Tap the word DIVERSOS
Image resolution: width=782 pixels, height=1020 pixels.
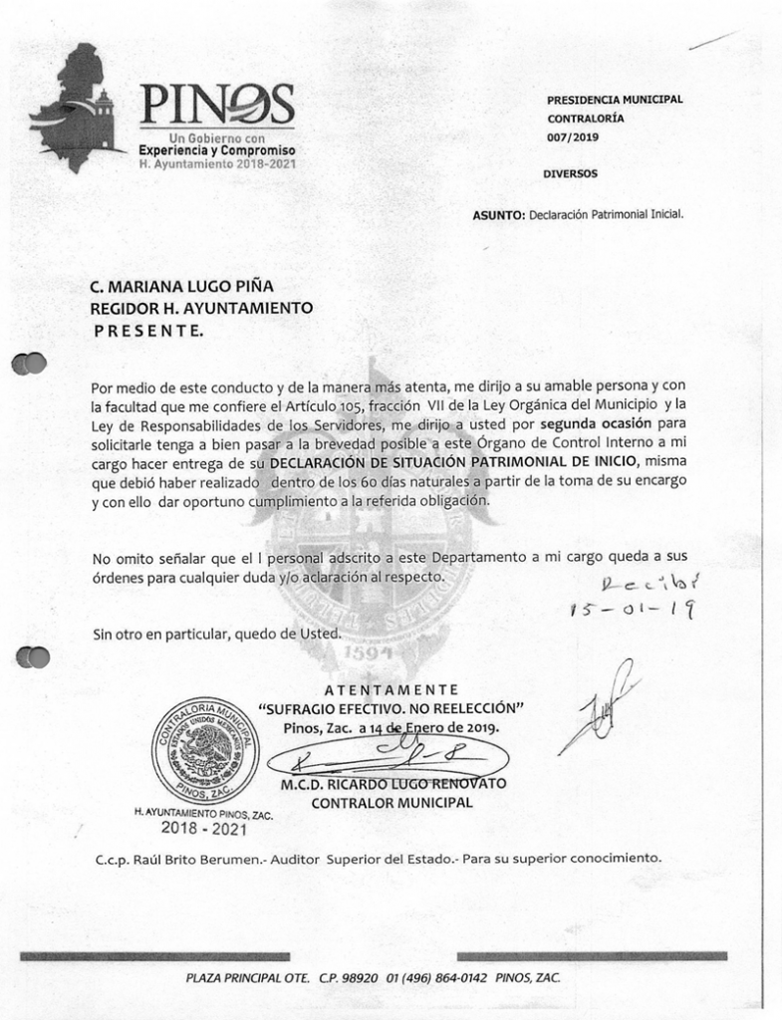point(571,173)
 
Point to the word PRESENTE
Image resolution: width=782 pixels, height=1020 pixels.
point(147,330)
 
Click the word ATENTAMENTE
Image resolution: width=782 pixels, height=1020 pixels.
point(391,689)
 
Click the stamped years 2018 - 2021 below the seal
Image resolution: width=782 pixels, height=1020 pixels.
point(203,828)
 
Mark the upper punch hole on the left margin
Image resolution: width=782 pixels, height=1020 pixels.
point(30,364)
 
